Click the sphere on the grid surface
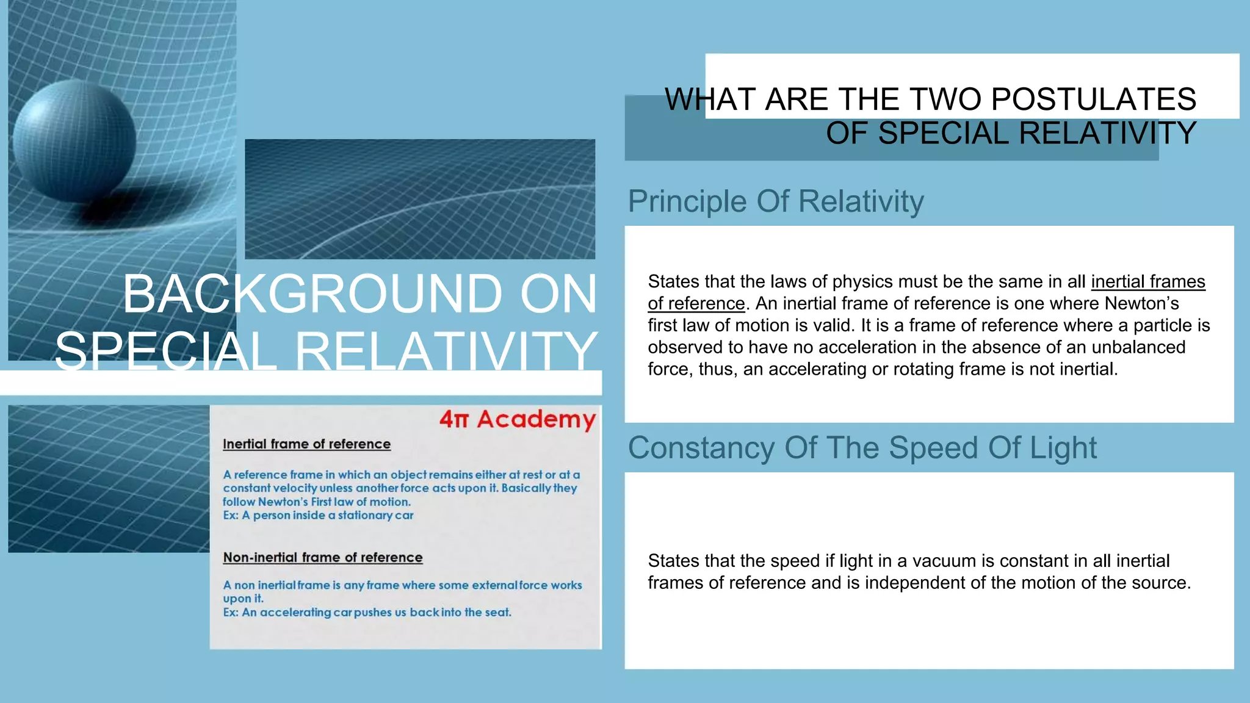(x=74, y=141)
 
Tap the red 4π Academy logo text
(x=518, y=419)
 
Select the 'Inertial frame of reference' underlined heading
(x=306, y=444)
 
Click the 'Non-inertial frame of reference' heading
(x=322, y=558)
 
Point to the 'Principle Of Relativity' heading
(x=776, y=201)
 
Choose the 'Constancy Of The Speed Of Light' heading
(x=862, y=448)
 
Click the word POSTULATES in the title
(x=1094, y=99)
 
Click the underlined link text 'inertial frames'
(x=1148, y=281)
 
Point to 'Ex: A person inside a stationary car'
(x=318, y=516)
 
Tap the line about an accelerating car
(x=367, y=613)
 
